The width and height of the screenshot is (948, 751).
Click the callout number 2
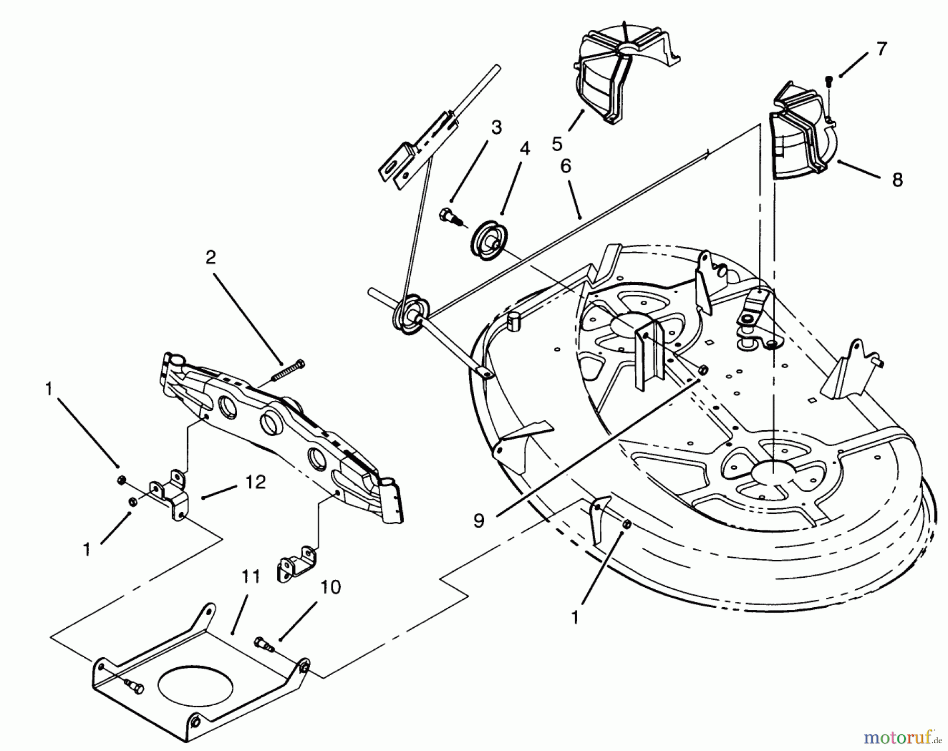coord(211,258)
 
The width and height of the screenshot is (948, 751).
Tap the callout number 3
coord(496,127)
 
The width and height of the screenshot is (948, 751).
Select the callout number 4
coord(524,149)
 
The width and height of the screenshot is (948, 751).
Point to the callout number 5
coord(557,144)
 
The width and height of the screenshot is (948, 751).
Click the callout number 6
coord(565,166)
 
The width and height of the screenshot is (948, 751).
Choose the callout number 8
coord(897,180)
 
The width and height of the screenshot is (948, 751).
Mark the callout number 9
coord(478,520)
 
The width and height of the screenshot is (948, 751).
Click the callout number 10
coord(330,587)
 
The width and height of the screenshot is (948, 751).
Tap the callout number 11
coord(251,577)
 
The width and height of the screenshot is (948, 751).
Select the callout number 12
coord(255,482)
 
